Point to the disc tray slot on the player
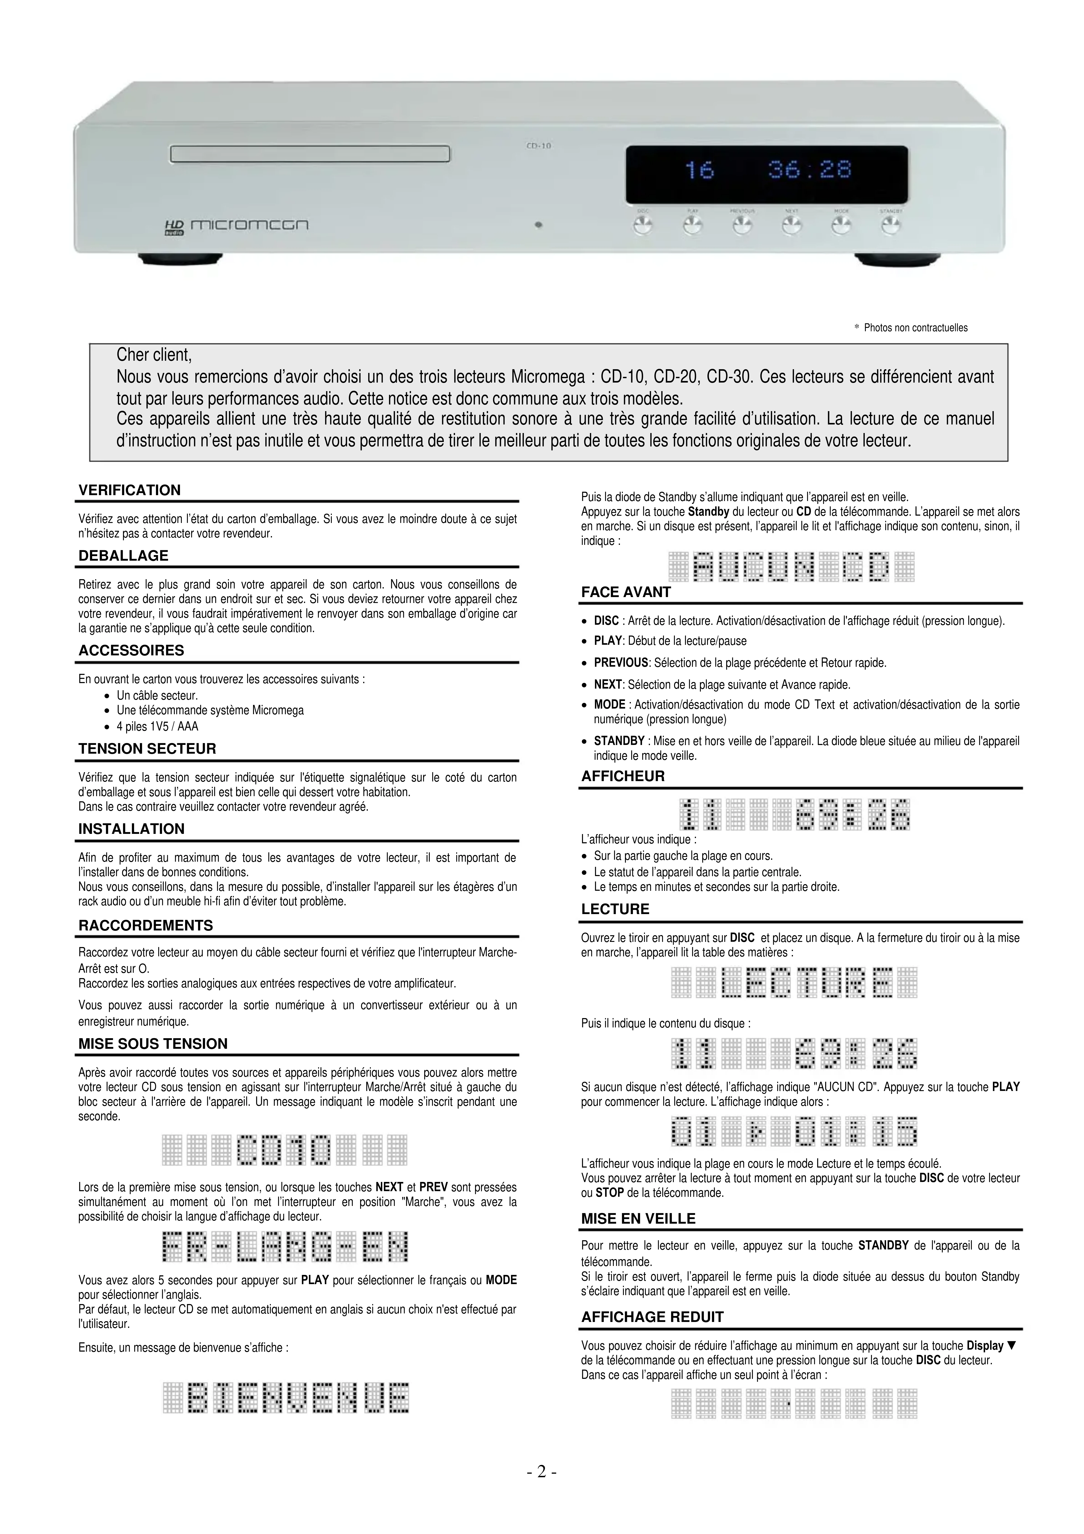[x=310, y=154]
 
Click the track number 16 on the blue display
[x=699, y=171]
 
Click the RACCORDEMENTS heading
[x=146, y=925]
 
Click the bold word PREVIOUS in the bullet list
[x=621, y=663]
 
